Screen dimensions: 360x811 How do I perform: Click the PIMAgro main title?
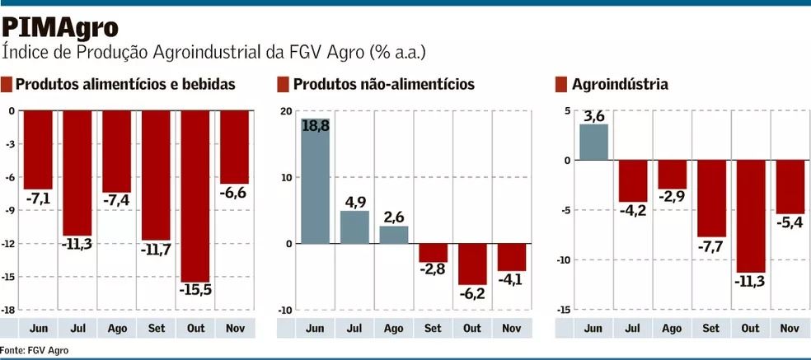pos(60,27)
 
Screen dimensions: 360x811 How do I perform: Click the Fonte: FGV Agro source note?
pos(35,350)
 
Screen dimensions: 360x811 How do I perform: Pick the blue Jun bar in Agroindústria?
pos(593,142)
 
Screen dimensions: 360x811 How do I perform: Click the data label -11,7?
pos(156,249)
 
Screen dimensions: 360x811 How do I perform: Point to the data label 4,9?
pos(354,201)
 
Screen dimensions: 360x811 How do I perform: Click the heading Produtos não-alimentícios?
pos(383,84)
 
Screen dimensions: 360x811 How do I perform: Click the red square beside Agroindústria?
pos(561,84)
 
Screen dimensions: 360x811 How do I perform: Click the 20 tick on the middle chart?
pos(285,111)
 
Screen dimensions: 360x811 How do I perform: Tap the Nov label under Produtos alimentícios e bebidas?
pos(235,328)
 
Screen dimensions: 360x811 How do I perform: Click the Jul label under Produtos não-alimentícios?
pos(354,328)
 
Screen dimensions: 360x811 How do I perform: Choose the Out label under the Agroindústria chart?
pos(750,328)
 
